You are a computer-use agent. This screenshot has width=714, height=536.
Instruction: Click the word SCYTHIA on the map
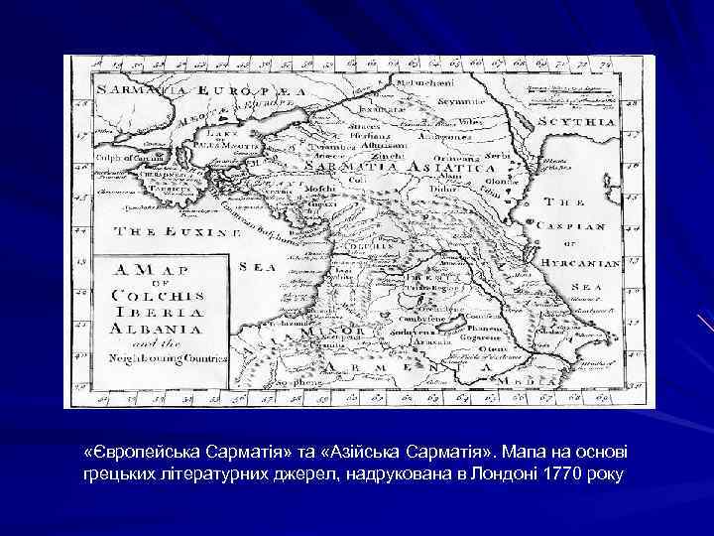tap(578, 121)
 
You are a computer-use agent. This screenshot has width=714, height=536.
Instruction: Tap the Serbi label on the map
tap(499, 156)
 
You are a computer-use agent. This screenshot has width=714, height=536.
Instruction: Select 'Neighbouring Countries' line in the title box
tap(159, 353)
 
